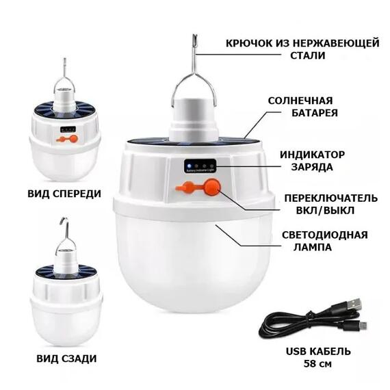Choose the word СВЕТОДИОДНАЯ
[324, 235]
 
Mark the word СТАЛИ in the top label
[302, 57]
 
